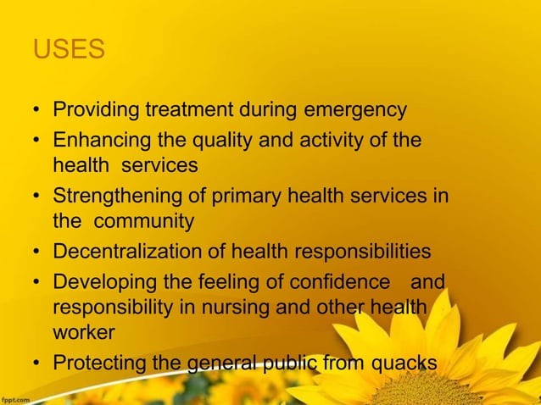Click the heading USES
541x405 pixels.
click(x=69, y=49)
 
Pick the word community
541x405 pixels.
click(x=143, y=222)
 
